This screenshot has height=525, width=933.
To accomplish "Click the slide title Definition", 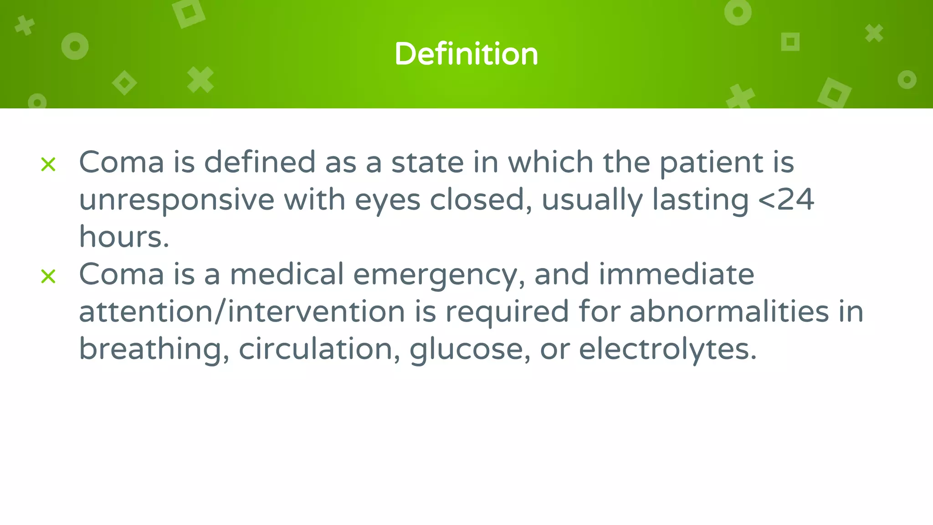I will click(x=466, y=54).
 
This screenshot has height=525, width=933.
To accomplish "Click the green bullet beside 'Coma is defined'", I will click(x=48, y=164).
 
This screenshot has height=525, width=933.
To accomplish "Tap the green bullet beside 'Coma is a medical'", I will click(x=48, y=276).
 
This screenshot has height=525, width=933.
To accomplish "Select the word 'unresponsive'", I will click(x=177, y=200).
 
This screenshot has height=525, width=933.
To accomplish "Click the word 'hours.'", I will click(x=124, y=237).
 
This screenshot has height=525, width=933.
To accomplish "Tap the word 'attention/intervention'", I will click(x=242, y=312).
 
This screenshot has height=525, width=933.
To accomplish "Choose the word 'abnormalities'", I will click(x=729, y=312).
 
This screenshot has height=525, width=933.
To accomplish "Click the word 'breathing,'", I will click(x=154, y=350).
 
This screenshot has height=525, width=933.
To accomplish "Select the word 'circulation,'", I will click(x=319, y=350).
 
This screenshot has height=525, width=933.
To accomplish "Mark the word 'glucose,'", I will click(x=470, y=350).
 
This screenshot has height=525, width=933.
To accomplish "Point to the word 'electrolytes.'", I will click(x=667, y=350).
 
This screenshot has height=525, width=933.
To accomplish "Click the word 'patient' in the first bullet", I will click(x=711, y=162).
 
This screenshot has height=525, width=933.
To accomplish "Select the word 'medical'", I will click(x=287, y=274).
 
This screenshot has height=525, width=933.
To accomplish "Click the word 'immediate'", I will click(x=676, y=274).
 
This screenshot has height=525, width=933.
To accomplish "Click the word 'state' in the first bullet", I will click(x=427, y=162).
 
